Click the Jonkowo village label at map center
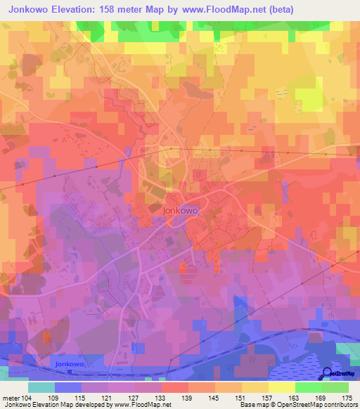(x=180, y=209)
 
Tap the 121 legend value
(x=107, y=397)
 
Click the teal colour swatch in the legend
(x=41, y=387)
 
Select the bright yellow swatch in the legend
(x=282, y=387)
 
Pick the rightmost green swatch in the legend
(x=335, y=387)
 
